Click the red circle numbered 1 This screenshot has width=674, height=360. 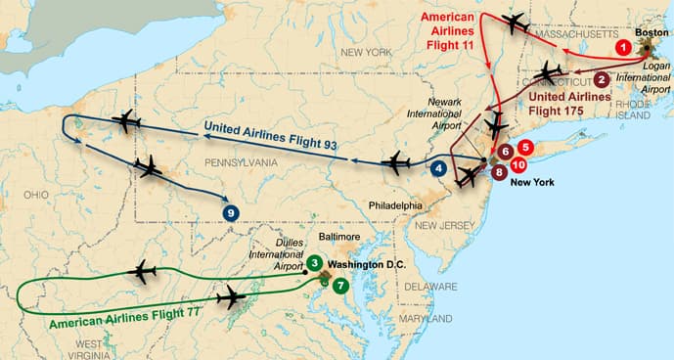[x=621, y=46]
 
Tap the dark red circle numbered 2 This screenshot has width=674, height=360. [x=602, y=80]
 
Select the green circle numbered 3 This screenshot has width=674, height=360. [x=313, y=262]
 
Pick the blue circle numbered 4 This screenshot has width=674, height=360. [x=440, y=167]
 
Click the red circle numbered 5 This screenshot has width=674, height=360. [x=525, y=148]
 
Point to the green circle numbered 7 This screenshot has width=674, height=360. [x=339, y=286]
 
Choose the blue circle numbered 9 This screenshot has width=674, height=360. [x=231, y=211]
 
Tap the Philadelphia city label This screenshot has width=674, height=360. [x=395, y=205]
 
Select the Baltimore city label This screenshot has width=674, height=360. [x=340, y=237]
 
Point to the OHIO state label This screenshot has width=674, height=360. [x=35, y=194]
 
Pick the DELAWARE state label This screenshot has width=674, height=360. [x=431, y=287]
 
